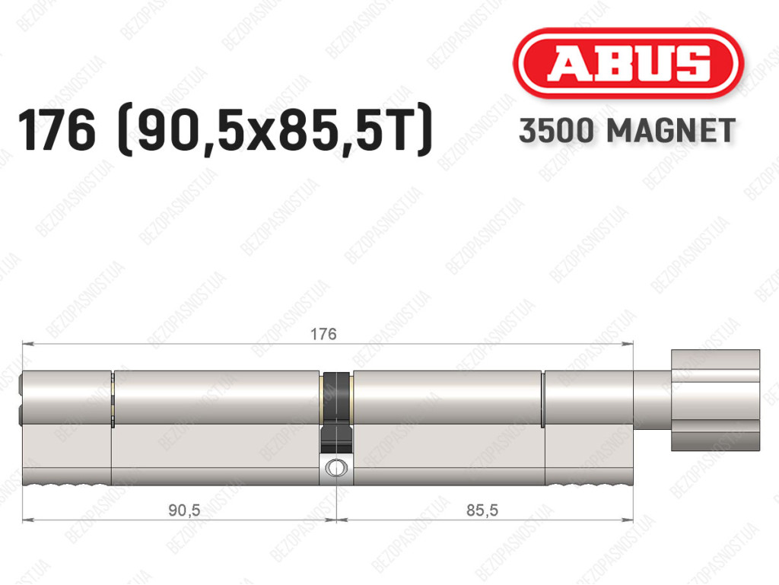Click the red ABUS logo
point(628,63)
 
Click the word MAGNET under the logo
point(671,131)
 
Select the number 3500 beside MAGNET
point(556,131)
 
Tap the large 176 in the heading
point(56,131)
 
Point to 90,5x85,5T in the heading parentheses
point(275,131)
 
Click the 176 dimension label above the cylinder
point(323,334)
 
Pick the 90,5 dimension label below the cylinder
point(184,510)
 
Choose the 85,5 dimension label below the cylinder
point(482,510)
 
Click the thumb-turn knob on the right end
point(715,400)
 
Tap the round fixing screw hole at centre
point(336,468)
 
